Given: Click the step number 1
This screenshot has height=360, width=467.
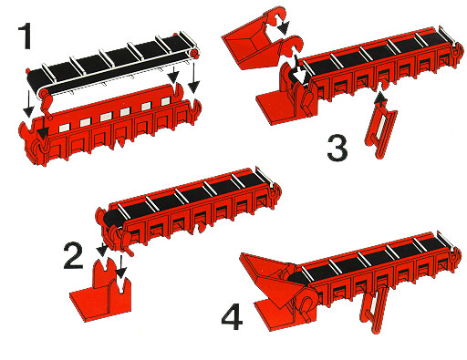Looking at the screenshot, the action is click(x=26, y=36).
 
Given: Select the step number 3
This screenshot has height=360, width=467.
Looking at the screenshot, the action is click(x=337, y=148).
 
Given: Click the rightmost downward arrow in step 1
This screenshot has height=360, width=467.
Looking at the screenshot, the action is click(x=193, y=77).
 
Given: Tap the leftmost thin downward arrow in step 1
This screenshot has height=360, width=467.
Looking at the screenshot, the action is click(x=28, y=103).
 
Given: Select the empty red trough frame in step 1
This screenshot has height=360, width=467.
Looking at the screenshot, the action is click(x=109, y=125).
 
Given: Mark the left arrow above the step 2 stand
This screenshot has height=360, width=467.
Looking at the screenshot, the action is click(x=102, y=249).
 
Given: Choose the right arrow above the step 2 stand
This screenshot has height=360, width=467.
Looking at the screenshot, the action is click(x=121, y=267).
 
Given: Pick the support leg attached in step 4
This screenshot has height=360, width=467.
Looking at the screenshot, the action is click(x=375, y=308).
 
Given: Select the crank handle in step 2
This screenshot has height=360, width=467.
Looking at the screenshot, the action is click(x=127, y=243).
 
